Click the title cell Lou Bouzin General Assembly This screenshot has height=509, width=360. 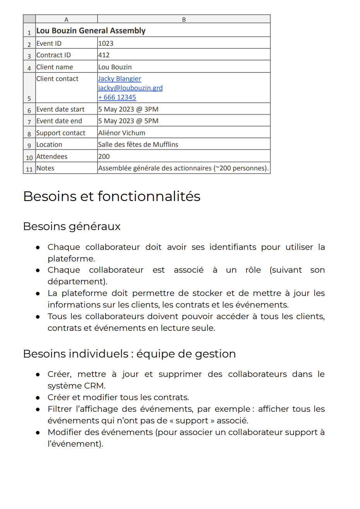pos(91,31)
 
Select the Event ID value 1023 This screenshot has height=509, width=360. pos(106,43)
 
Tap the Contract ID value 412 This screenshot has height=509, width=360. pos(104,55)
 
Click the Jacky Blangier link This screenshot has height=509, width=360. pos(120,79)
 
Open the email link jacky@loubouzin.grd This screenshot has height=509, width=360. pos(130,88)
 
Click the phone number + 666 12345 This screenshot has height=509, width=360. pos(117,97)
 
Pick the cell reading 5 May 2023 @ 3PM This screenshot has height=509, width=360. pos(128,109)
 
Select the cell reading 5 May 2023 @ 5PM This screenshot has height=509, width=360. pos(128,121)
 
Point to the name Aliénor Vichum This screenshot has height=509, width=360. pos(122,133)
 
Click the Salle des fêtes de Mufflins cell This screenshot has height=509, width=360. pos(138,144)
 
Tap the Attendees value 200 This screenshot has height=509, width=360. pos(104,156)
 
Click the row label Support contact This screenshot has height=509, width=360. pos(61,133)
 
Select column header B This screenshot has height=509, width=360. pos(184,19)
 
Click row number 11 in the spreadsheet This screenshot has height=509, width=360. pos(29,169)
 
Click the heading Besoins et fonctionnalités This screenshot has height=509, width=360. pos(112,196)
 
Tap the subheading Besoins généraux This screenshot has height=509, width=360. pos(72,226)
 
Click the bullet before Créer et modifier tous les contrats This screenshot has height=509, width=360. pos(38,398)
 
